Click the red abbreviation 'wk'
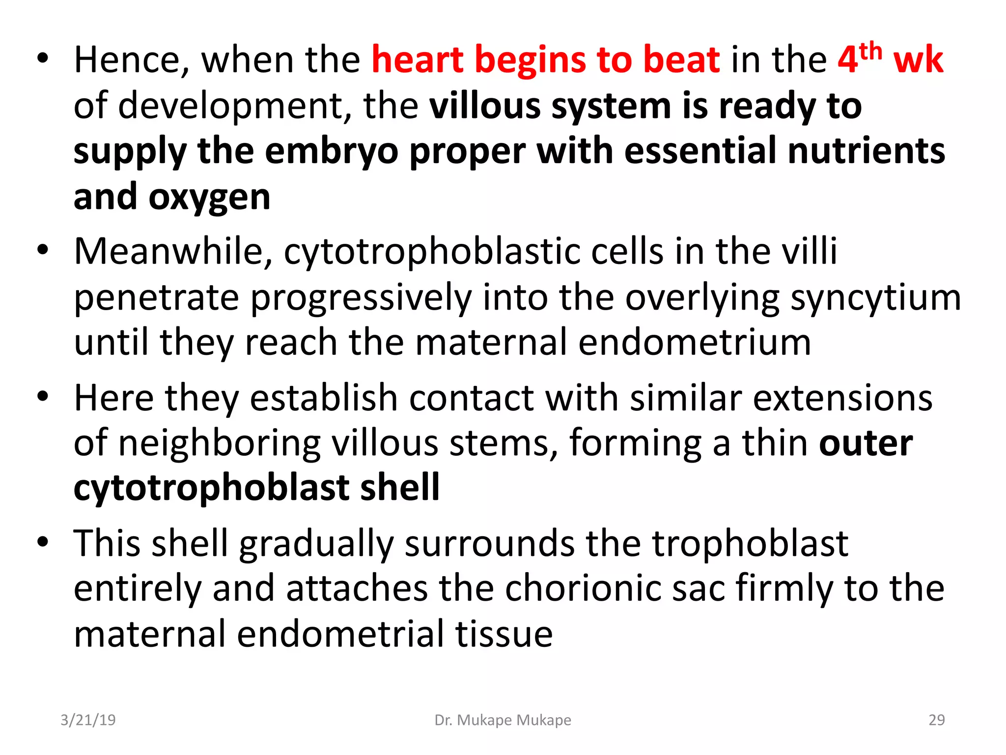918,60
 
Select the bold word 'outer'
866,443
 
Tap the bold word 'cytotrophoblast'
211,488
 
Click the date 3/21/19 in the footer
88,720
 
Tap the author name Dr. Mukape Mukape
503,720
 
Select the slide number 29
936,720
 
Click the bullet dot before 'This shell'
43,542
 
